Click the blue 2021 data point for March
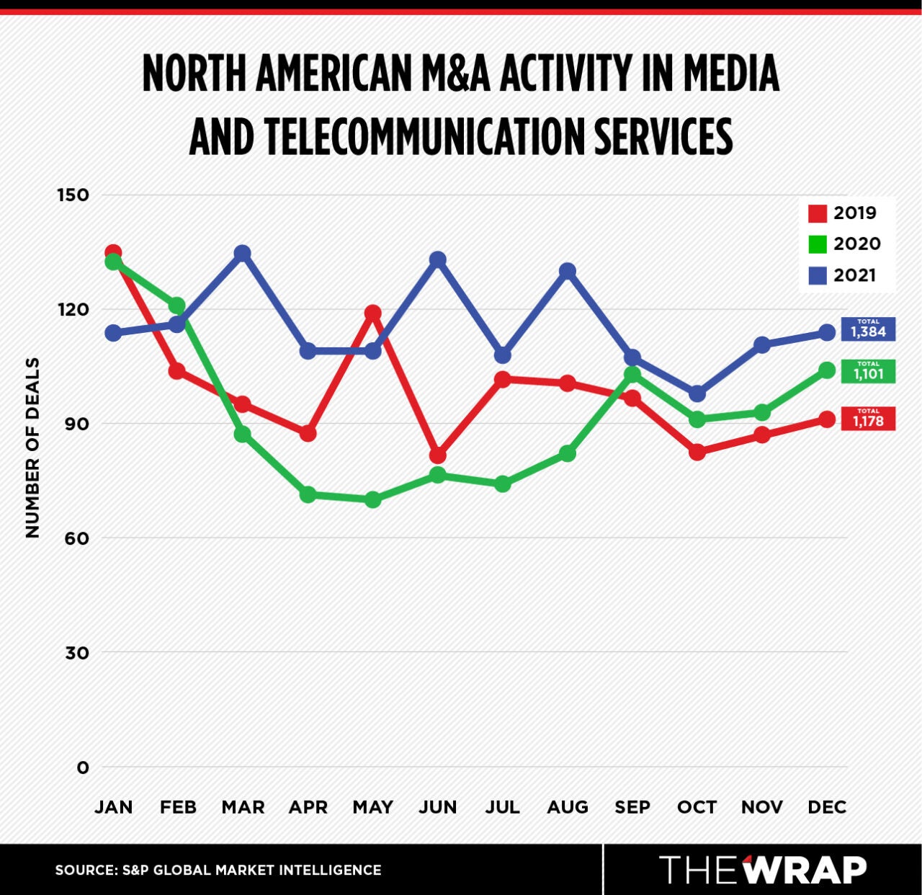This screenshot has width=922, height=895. coord(243,254)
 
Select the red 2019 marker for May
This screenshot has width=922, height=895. coord(372,313)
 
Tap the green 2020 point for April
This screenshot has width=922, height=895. coord(308,494)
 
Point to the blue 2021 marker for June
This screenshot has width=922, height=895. coord(437,259)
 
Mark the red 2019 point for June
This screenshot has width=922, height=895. coord(437,455)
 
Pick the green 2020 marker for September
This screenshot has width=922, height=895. coord(632,374)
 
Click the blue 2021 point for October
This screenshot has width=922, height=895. coord(697,394)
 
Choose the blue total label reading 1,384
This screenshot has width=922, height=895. coord(868,330)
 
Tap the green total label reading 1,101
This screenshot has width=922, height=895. coord(868,372)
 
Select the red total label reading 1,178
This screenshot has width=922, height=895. coord(868,419)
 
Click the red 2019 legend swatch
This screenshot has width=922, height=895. coord(818,213)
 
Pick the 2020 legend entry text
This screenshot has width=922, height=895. coord(856,244)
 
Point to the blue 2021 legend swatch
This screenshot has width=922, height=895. coord(818,275)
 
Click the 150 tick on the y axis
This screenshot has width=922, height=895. coord(73,195)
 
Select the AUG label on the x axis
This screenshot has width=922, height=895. coord(567,807)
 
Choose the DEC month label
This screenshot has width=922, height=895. coord(826,807)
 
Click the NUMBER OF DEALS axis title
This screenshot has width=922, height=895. coord(32,447)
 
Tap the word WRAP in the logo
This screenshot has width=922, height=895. coord(805,870)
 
